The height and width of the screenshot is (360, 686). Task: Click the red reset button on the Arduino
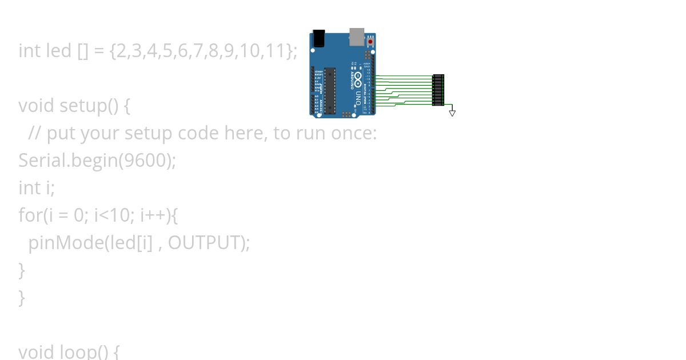click(x=370, y=42)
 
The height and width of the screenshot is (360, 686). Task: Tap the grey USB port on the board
click(x=357, y=36)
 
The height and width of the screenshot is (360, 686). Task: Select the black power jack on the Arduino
click(x=318, y=38)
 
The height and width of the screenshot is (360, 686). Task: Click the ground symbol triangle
click(x=452, y=113)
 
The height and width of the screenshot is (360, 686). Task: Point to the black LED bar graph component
click(x=438, y=90)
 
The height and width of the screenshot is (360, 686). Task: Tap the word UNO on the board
click(x=358, y=94)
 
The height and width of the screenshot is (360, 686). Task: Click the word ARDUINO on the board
click(x=351, y=81)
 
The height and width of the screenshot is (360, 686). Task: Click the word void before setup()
click(x=37, y=106)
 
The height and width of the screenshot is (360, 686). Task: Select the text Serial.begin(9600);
click(x=97, y=161)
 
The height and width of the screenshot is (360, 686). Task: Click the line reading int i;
click(x=37, y=188)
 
